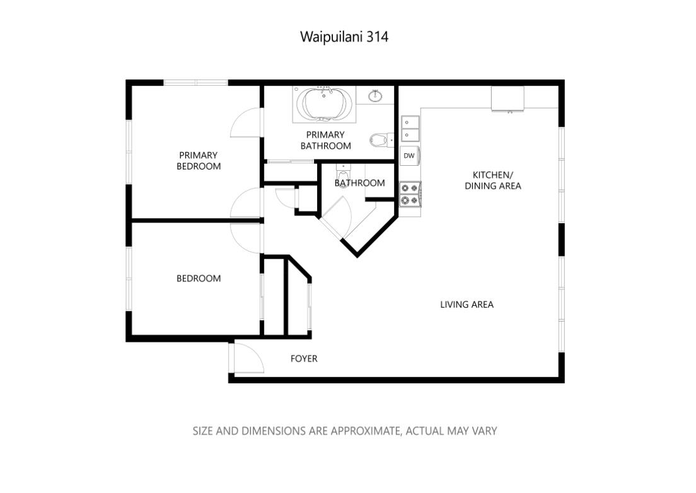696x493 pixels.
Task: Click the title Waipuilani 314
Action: (x=344, y=37)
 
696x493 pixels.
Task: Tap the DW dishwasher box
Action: (x=409, y=155)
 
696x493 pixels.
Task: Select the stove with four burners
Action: (x=410, y=194)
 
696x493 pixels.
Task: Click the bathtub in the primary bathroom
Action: (x=324, y=104)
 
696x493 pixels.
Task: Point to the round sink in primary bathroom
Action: (x=376, y=96)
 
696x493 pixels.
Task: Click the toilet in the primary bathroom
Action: (x=380, y=140)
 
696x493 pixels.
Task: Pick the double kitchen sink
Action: (x=410, y=129)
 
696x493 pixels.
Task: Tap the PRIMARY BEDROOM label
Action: (x=199, y=161)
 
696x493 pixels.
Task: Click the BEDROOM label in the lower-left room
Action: (x=199, y=278)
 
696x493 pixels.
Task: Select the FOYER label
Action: (x=304, y=359)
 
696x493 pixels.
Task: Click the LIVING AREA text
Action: (x=467, y=304)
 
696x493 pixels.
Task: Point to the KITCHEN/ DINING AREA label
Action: (x=493, y=180)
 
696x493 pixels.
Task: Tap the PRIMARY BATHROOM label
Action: (x=325, y=140)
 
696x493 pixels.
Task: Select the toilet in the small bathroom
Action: (x=342, y=174)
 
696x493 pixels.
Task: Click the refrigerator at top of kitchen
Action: (x=508, y=98)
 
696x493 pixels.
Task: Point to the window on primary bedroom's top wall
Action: (x=195, y=83)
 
